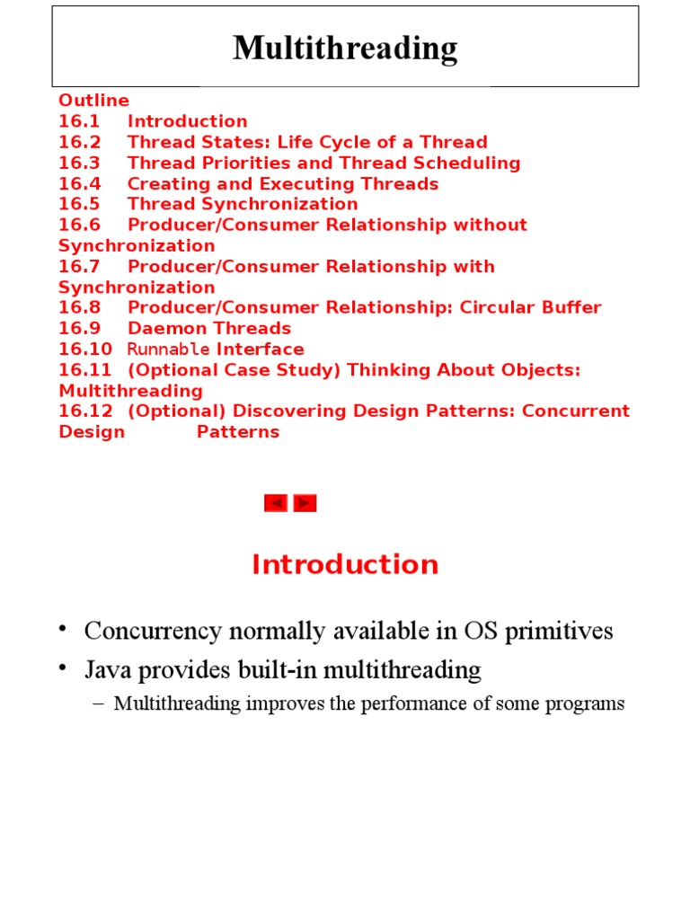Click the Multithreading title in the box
345,48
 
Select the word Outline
93,100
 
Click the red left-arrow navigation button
276,503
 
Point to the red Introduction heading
345,564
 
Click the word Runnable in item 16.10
168,349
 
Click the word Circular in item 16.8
496,308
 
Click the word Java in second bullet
107,670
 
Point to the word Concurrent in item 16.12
577,411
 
